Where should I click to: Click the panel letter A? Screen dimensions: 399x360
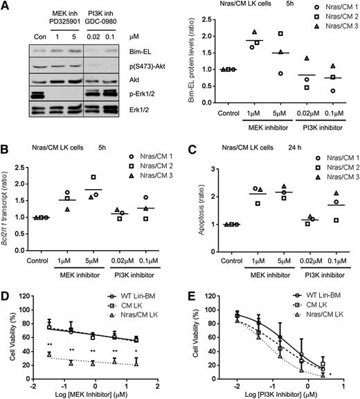[6, 6]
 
